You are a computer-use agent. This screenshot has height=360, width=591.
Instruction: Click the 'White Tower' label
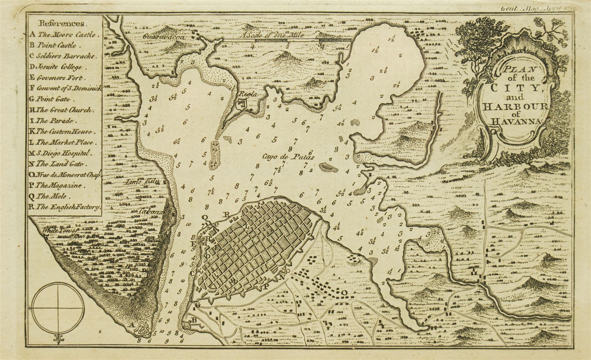click(61, 231)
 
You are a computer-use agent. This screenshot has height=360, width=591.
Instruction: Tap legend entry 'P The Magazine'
click(55, 186)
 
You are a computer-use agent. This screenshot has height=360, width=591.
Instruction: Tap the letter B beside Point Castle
click(194, 320)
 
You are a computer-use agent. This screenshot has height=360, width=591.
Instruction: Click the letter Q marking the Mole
click(206, 217)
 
